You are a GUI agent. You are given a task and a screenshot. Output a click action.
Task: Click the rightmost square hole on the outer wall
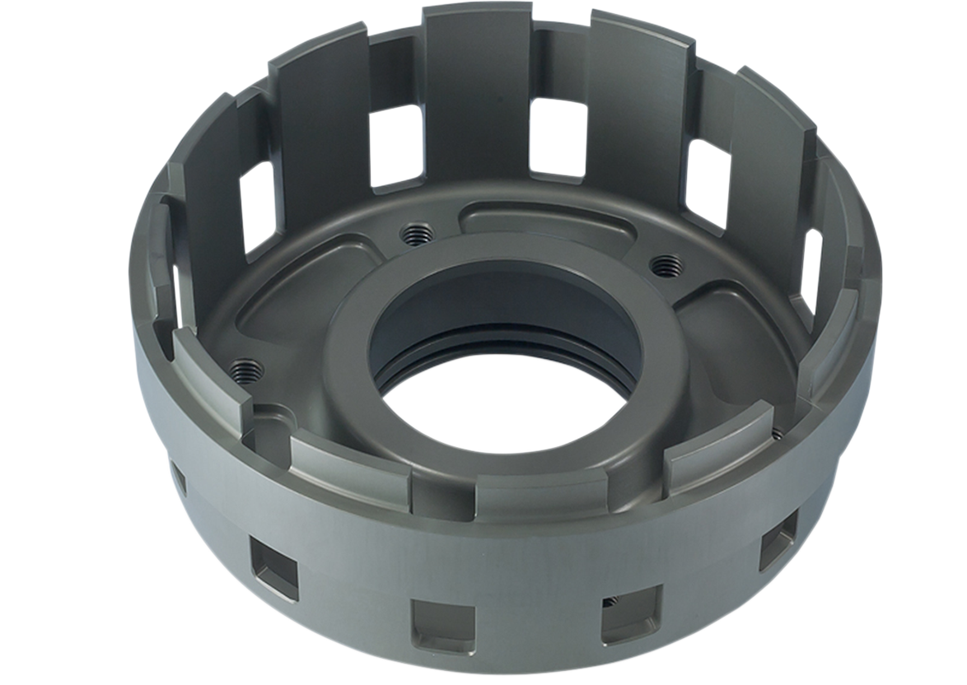click(x=778, y=539)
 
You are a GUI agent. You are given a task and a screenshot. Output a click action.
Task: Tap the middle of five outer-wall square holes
click(x=443, y=624)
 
